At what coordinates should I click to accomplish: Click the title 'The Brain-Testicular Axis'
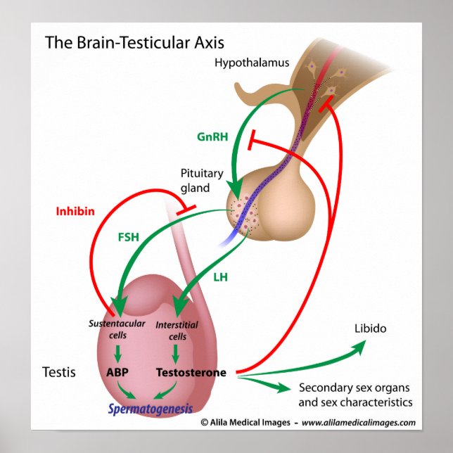pos(135,42)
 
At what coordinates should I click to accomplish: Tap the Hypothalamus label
pos(252,63)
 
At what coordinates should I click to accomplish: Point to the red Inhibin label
pos(75,211)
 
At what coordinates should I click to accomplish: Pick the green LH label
pos(220,278)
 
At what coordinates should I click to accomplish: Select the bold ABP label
pos(117,372)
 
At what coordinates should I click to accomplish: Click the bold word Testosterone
pos(191,372)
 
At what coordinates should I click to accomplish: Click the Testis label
pos(59,372)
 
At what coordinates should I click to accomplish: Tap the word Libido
pos(370,329)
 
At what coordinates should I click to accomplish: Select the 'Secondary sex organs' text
pos(355,388)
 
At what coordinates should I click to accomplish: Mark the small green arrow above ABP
pos(117,351)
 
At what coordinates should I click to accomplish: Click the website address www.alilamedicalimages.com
pos(359,423)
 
